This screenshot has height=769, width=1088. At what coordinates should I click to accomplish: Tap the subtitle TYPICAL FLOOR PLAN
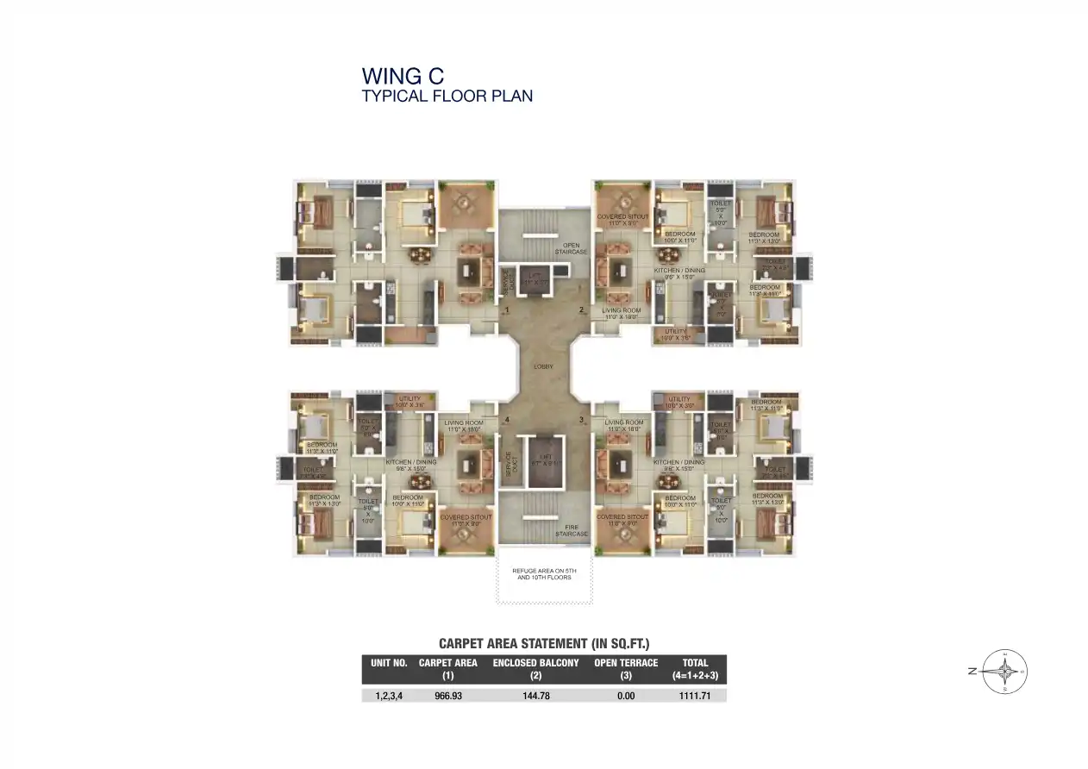[447, 96]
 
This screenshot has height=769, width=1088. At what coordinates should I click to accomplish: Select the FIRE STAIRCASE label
[571, 530]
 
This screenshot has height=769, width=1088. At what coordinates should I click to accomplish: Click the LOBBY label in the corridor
[543, 366]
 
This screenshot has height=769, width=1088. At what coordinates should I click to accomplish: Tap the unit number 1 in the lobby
[508, 309]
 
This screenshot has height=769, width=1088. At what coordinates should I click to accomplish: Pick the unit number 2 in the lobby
[581, 309]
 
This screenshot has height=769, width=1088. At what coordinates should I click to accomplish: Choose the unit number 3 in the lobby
[581, 420]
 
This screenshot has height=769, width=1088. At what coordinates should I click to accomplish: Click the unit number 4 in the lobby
[508, 420]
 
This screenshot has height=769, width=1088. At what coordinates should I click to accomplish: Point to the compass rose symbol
[1005, 671]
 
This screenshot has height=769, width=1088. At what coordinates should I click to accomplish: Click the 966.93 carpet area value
[448, 695]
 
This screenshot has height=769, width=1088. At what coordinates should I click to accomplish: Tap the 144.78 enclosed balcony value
[535, 695]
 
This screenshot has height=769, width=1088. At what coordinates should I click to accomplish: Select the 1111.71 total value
[694, 695]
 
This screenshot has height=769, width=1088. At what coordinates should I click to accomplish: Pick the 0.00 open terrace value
[626, 695]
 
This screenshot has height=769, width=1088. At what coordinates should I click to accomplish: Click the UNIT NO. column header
[389, 664]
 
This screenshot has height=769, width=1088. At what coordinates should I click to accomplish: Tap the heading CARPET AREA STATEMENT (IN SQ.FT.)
[543, 643]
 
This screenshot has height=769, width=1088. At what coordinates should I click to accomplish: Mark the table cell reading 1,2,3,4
[389, 695]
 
